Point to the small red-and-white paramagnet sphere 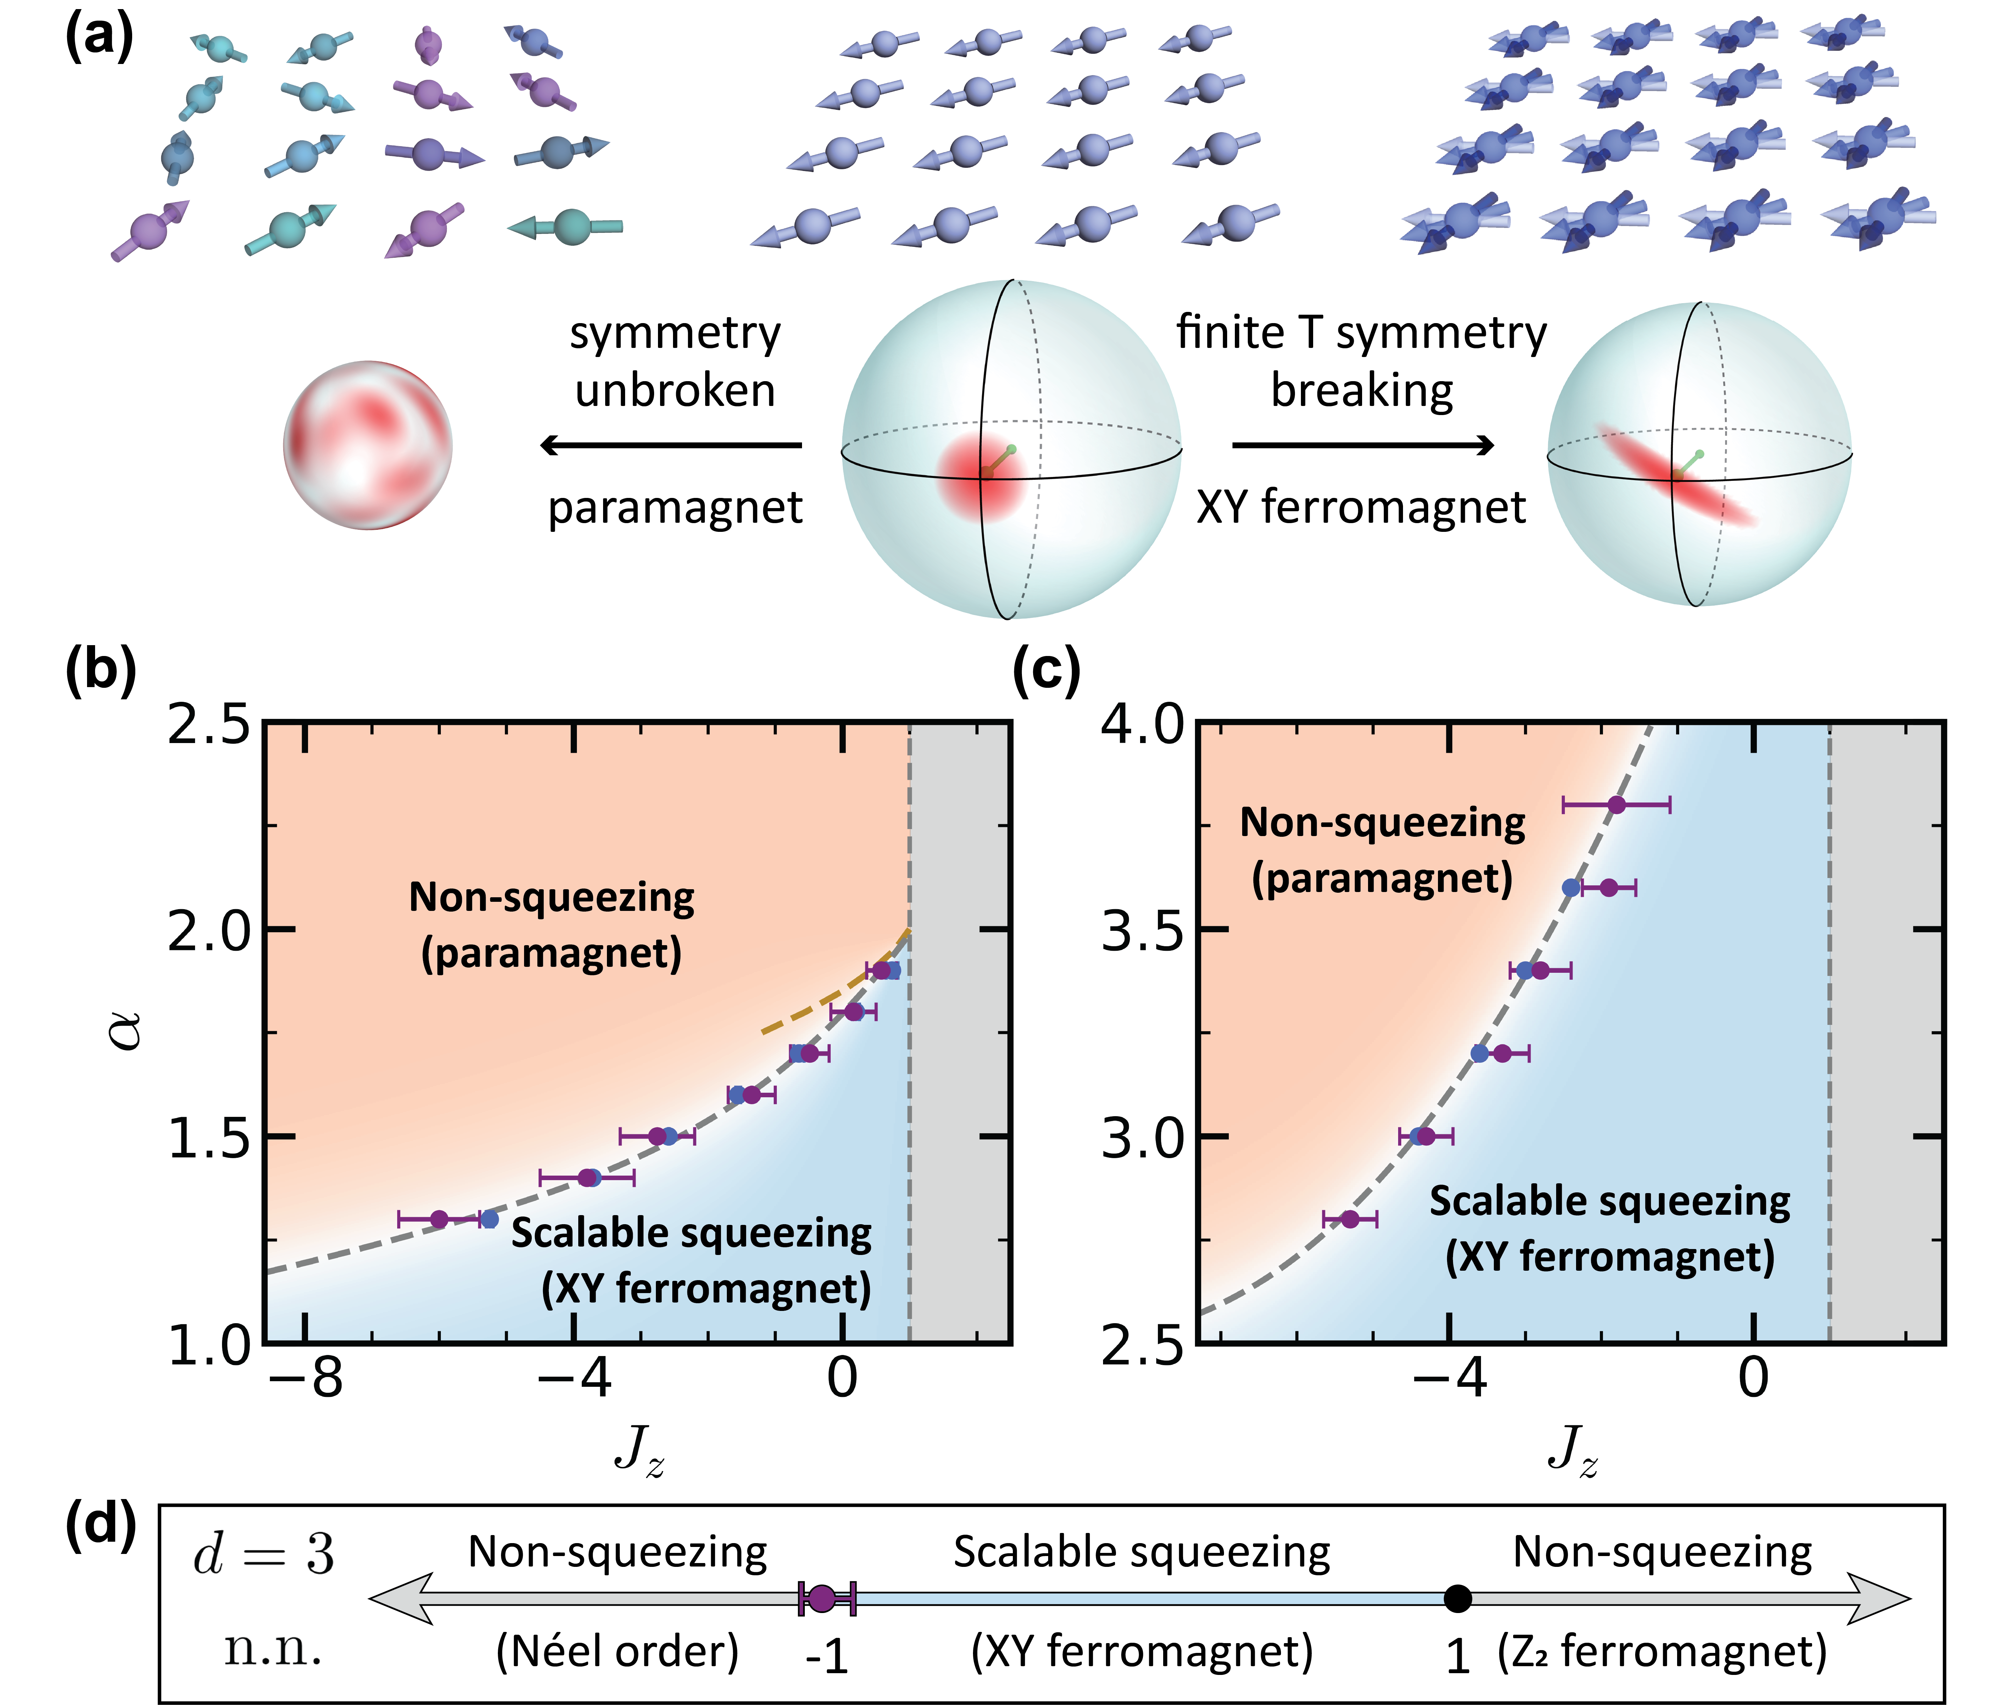coord(367,446)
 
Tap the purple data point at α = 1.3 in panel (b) coord(439,1219)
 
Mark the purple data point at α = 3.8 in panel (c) coord(1616,805)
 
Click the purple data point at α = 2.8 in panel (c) coord(1350,1219)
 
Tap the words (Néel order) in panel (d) coord(617,1651)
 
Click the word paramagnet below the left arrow coord(675,508)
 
